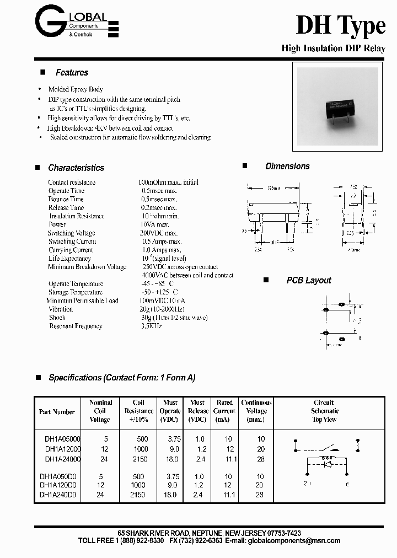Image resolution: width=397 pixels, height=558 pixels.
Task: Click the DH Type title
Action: point(340,26)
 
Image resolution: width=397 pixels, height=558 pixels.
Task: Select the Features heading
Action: point(72,72)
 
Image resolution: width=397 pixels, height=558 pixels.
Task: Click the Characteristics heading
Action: point(76,168)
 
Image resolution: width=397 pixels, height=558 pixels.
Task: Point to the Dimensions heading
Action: point(287,166)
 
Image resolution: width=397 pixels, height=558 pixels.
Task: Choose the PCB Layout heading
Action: point(308,280)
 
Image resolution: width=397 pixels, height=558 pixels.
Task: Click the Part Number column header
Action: point(57,411)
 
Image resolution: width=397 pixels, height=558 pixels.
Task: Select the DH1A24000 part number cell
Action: point(63,458)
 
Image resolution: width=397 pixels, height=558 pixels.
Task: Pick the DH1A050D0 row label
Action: point(58,476)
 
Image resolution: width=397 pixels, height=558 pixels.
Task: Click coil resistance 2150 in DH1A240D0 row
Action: point(138,495)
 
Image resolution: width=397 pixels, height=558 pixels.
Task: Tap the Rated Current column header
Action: point(224,411)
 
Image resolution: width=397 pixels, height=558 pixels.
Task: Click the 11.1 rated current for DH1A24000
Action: point(230,458)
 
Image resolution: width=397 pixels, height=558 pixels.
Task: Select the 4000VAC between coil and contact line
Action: point(187,275)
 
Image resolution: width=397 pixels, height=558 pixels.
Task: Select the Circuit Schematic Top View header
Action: point(324,411)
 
